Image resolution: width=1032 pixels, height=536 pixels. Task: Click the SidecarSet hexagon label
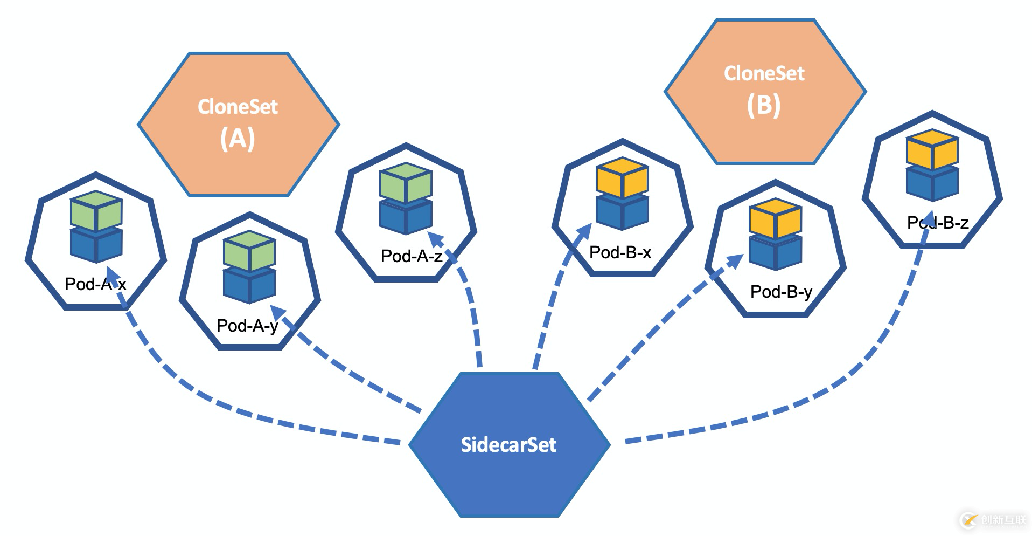tap(508, 445)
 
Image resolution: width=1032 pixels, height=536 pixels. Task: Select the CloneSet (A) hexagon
tap(238, 124)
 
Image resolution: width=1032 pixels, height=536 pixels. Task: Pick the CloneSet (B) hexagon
tap(764, 91)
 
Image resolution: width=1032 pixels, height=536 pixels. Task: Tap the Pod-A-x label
tap(95, 284)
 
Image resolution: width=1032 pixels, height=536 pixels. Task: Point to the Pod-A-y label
tap(247, 326)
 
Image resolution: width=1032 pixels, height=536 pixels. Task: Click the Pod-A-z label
tap(412, 256)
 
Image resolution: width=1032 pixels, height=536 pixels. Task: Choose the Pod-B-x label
tap(620, 252)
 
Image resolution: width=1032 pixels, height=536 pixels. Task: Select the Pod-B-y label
tap(781, 292)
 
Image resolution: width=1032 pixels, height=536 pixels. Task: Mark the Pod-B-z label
tap(938, 223)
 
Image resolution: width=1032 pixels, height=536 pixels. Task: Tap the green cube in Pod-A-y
tap(249, 251)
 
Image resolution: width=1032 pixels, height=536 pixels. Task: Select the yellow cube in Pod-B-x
tap(623, 177)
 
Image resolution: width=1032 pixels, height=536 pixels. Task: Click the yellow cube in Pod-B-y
tap(776, 218)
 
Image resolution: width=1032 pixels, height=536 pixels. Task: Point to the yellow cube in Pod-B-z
tap(932, 149)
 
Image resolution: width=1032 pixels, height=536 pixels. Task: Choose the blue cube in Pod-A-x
tap(96, 245)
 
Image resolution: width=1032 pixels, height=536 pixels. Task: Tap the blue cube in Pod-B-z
tap(932, 183)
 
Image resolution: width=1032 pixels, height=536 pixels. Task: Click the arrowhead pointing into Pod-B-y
tap(735, 260)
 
